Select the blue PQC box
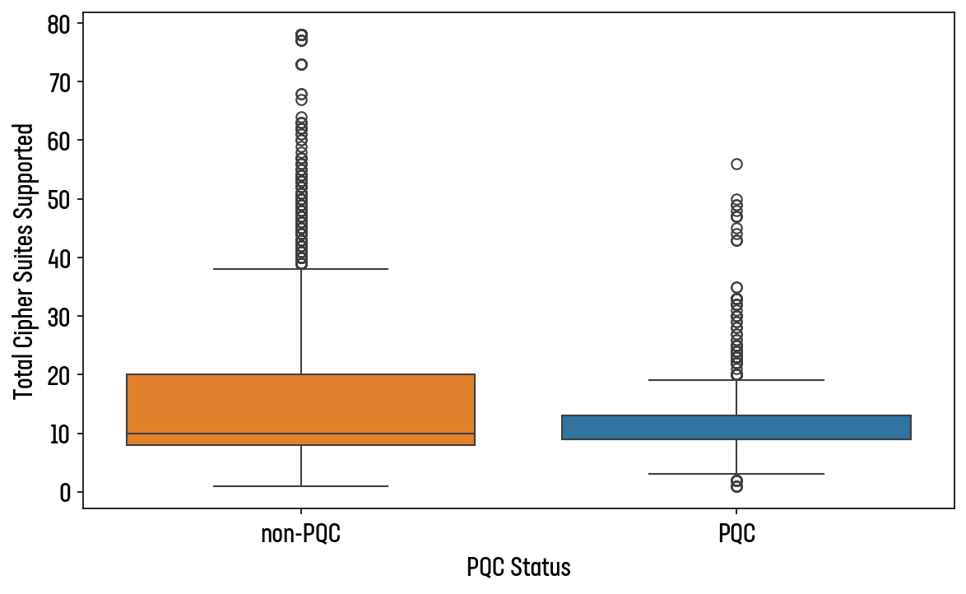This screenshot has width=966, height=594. pyautogui.click(x=736, y=427)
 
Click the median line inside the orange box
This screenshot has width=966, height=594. pyautogui.click(x=301, y=434)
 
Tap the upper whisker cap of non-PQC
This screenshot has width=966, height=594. pyautogui.click(x=301, y=269)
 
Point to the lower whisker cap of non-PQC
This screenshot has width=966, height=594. pyautogui.click(x=301, y=486)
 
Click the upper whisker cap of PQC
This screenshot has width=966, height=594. pyautogui.click(x=736, y=380)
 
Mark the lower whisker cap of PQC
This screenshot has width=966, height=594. pyautogui.click(x=736, y=474)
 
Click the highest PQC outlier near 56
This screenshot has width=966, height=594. pyautogui.click(x=736, y=164)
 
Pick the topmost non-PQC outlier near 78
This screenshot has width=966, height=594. pyautogui.click(x=301, y=35)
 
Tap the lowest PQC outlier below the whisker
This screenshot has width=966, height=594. pyautogui.click(x=736, y=486)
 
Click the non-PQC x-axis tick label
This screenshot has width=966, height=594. pyautogui.click(x=301, y=535)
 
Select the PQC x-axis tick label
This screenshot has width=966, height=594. pyautogui.click(x=736, y=535)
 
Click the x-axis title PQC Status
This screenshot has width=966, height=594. pyautogui.click(x=518, y=568)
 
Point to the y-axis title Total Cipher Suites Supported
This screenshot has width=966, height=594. pyautogui.click(x=25, y=262)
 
